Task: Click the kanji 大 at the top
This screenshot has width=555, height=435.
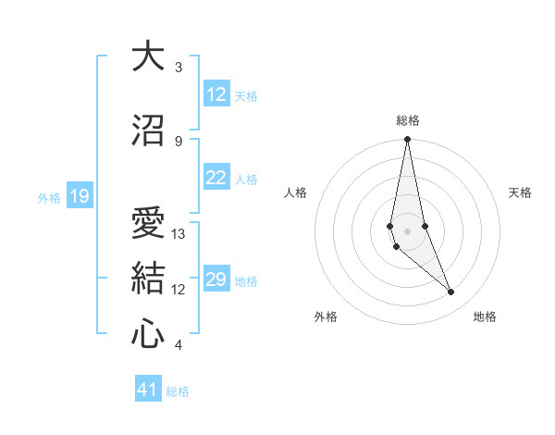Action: (x=147, y=57)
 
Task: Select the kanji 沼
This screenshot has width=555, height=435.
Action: (x=147, y=131)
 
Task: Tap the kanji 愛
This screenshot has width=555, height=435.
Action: (x=147, y=223)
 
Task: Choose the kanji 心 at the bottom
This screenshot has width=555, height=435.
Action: (x=147, y=334)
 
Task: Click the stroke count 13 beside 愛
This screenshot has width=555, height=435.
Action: (x=179, y=234)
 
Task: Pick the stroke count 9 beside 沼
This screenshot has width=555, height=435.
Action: (x=179, y=141)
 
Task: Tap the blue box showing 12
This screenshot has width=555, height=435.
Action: (x=216, y=94)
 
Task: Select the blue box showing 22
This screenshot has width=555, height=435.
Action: (x=216, y=178)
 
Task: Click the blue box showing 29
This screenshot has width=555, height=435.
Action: (x=216, y=280)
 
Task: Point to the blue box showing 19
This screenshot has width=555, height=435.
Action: (x=79, y=196)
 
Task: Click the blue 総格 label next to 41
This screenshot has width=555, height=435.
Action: (x=178, y=391)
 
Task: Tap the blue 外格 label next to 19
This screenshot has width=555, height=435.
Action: (x=49, y=197)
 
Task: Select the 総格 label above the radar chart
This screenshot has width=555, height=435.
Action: (x=408, y=120)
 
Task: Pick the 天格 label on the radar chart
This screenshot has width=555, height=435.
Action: (x=521, y=193)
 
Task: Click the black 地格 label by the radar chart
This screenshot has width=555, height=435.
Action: (x=485, y=317)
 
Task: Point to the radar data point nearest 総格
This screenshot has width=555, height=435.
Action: (x=407, y=140)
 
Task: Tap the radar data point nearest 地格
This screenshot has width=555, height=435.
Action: (x=451, y=292)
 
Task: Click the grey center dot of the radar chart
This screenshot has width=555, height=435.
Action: (x=407, y=230)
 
